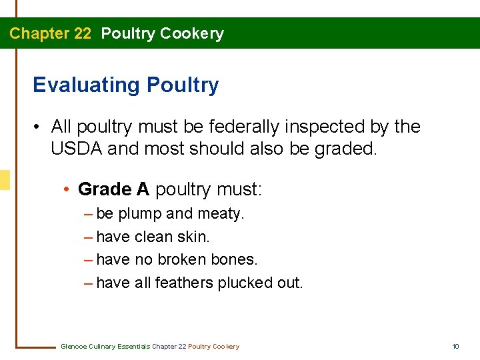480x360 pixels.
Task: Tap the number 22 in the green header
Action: (x=82, y=33)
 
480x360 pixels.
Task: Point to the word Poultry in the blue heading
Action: (x=182, y=85)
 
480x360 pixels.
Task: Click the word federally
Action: (x=244, y=127)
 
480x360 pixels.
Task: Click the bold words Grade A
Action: (x=113, y=189)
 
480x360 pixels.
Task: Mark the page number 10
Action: (x=455, y=347)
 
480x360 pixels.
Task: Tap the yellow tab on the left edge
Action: (x=5, y=180)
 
